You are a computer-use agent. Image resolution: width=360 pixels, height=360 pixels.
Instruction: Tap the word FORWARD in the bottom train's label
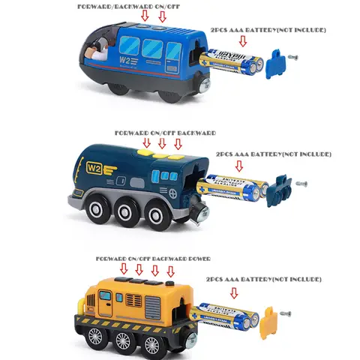point(110,259)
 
